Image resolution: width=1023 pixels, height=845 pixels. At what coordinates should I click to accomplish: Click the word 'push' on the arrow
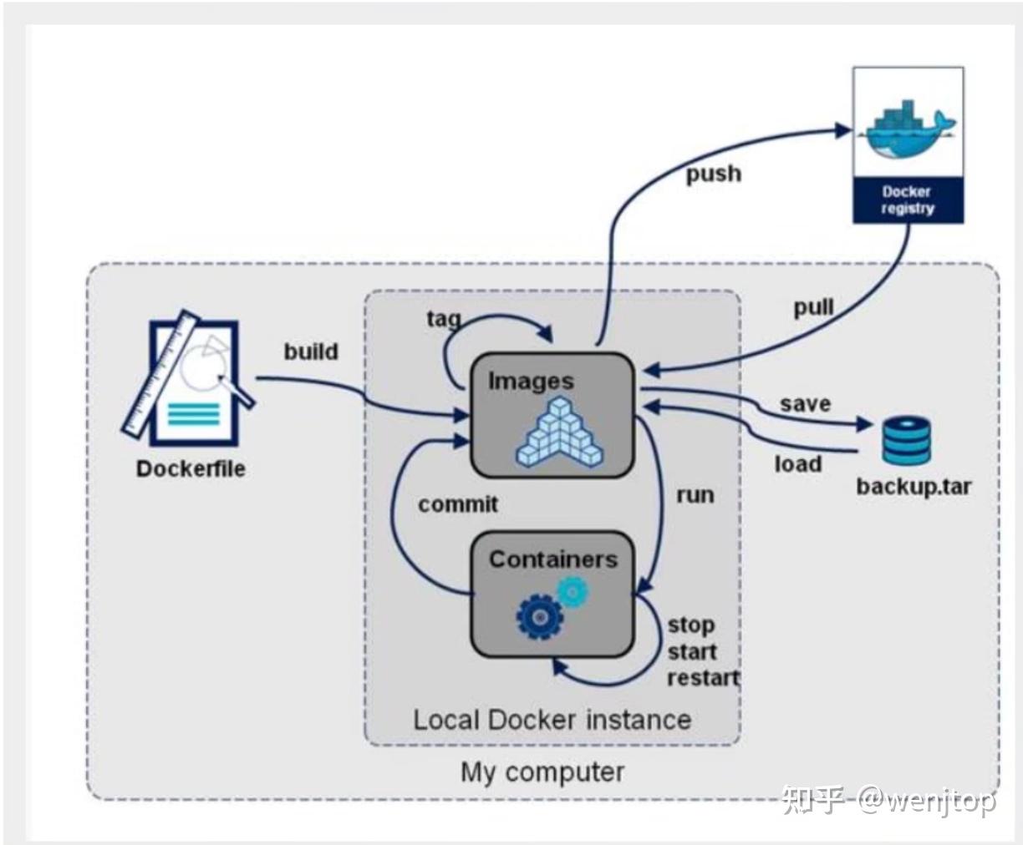click(714, 174)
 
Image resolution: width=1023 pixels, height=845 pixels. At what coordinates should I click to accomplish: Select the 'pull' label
click(813, 307)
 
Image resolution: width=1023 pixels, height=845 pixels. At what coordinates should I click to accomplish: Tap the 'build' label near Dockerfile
click(311, 351)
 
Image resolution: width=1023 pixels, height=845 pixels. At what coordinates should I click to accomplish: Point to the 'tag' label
click(444, 318)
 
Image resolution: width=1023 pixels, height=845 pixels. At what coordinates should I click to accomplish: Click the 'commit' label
click(458, 504)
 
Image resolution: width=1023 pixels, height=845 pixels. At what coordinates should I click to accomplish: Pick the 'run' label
click(695, 494)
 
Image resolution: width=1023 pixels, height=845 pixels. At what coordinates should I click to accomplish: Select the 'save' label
click(805, 403)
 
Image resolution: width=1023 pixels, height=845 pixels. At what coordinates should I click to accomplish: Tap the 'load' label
click(798, 463)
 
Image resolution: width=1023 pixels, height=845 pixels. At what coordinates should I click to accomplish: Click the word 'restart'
click(703, 677)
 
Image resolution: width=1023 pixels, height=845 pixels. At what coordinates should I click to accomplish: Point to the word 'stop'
click(690, 625)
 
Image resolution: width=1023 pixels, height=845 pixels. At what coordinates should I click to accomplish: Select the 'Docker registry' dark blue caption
click(908, 200)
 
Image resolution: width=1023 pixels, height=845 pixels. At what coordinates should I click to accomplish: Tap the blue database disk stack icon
click(906, 441)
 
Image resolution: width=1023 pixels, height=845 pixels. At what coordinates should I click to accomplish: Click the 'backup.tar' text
click(914, 486)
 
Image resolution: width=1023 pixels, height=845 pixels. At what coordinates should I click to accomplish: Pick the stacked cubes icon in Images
click(559, 433)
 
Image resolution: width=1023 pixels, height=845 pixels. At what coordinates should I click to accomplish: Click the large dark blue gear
click(539, 617)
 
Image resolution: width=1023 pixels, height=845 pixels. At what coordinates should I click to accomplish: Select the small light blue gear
click(573, 591)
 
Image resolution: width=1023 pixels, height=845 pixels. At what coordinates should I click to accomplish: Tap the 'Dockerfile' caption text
click(191, 468)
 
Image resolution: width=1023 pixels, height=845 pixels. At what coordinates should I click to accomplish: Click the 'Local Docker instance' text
click(552, 720)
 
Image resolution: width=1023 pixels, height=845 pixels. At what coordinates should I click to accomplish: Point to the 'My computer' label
click(542, 772)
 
